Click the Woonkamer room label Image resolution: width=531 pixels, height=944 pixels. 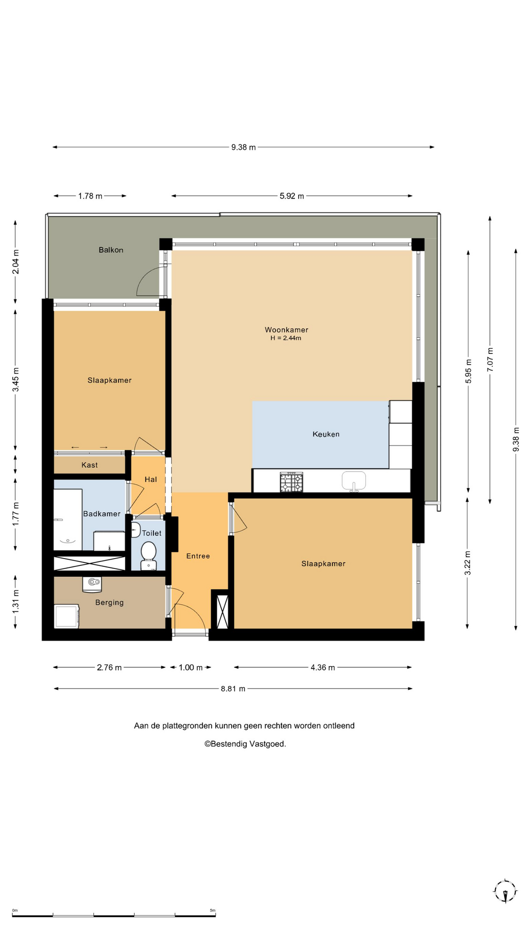click(286, 330)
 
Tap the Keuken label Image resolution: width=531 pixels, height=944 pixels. click(326, 434)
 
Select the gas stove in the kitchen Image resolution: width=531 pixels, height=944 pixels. click(292, 482)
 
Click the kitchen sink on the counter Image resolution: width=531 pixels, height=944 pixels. click(354, 481)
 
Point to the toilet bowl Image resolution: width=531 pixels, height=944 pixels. click(148, 555)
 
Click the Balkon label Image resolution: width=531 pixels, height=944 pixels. click(111, 250)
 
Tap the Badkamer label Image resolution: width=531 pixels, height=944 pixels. click(102, 514)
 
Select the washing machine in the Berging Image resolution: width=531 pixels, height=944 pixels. click(67, 617)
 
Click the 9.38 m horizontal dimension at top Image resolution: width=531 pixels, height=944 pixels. click(243, 147)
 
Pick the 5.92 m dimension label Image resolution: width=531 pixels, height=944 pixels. click(292, 196)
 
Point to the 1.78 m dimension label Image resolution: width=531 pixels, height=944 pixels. click(90, 196)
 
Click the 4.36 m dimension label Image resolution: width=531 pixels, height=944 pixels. click(323, 667)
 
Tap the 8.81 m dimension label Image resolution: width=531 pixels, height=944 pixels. click(233, 689)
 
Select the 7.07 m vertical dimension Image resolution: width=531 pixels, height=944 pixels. click(490, 359)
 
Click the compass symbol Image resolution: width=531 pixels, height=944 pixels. click(505, 891)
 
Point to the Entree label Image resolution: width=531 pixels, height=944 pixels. click(198, 556)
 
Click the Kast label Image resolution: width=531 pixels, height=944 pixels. click(89, 465)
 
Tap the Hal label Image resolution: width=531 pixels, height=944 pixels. click(150, 479)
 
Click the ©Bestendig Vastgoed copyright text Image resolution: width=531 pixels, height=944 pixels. click(245, 744)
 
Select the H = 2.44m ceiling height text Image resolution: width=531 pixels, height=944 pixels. click(286, 338)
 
